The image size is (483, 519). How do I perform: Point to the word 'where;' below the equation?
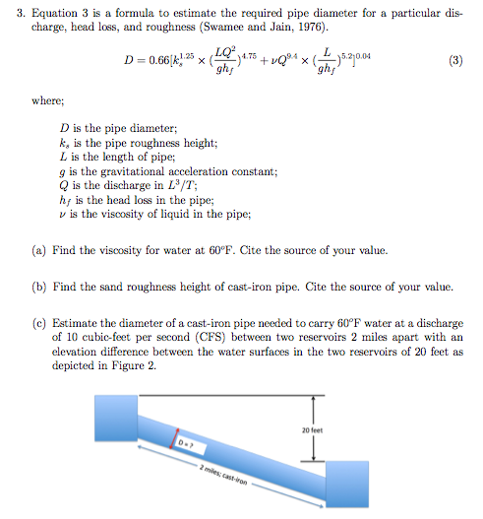(x=49, y=100)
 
